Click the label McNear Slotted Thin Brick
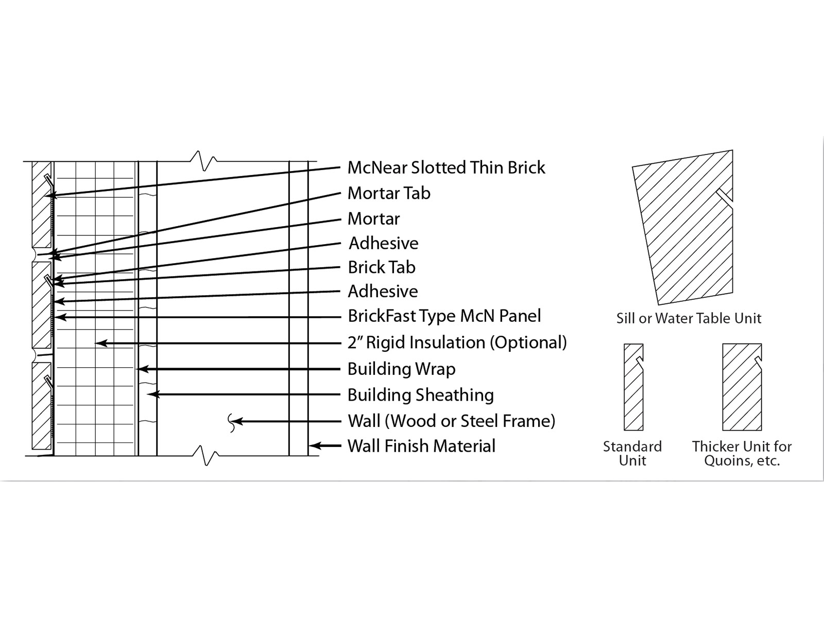pyautogui.click(x=446, y=167)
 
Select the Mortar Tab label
pyautogui.click(x=389, y=193)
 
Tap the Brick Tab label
pyautogui.click(x=382, y=267)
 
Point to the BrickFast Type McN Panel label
pyautogui.click(x=444, y=316)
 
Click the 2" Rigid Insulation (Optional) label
pyautogui.click(x=457, y=342)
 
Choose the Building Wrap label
pyautogui.click(x=401, y=369)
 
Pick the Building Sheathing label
pyautogui.click(x=420, y=395)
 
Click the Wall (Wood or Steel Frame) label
pyautogui.click(x=451, y=421)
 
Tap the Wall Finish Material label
pyautogui.click(x=421, y=445)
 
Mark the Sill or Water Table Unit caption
pyautogui.click(x=689, y=318)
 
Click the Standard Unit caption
pyautogui.click(x=632, y=453)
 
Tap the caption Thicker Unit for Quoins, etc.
pyautogui.click(x=742, y=453)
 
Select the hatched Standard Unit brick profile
pyautogui.click(x=633, y=391)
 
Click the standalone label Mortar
pyautogui.click(x=373, y=218)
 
